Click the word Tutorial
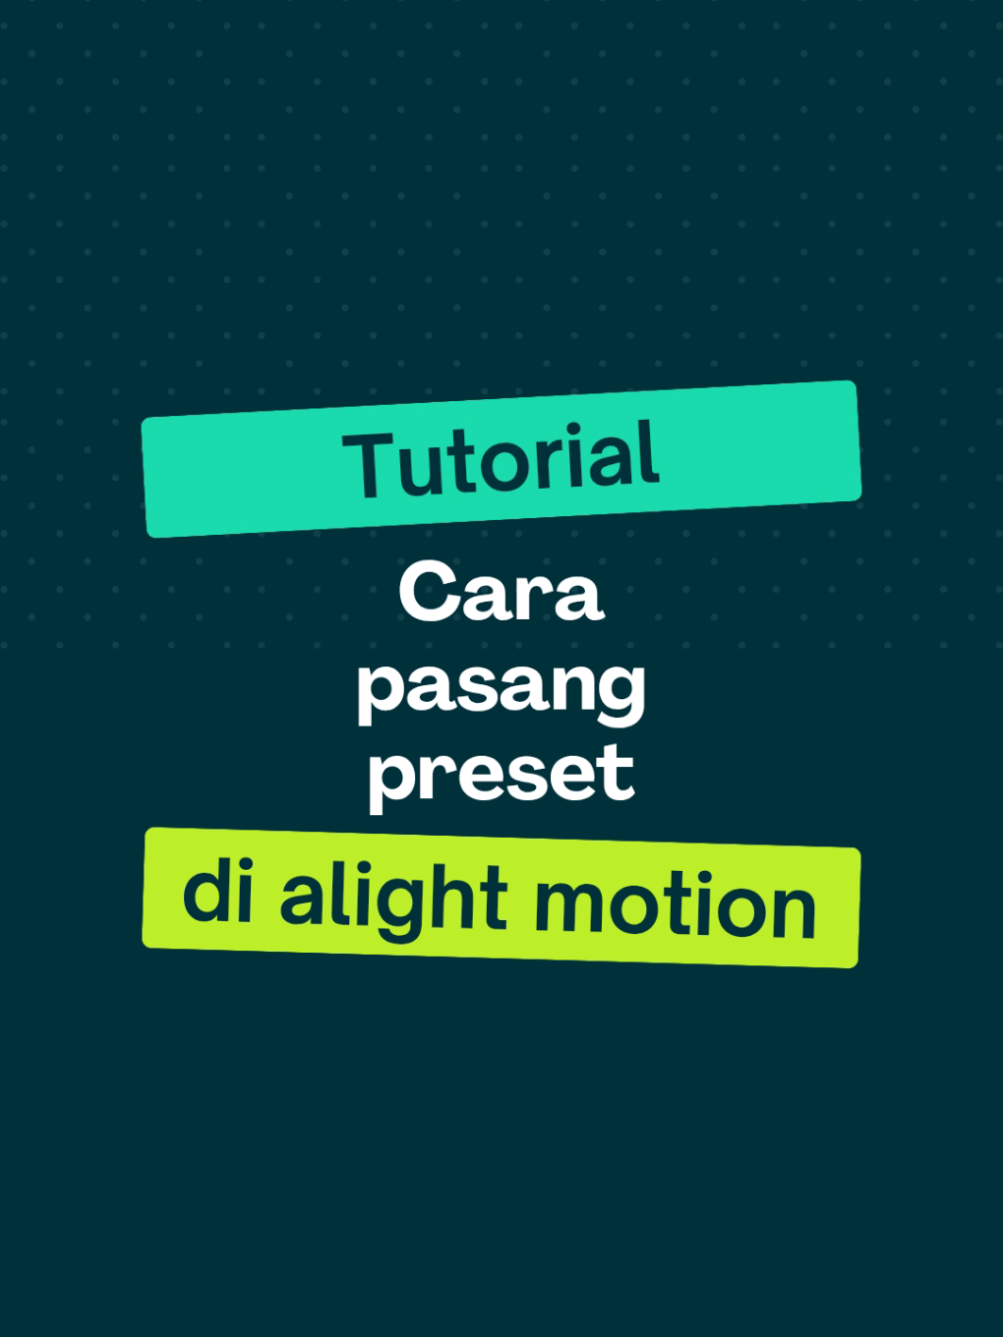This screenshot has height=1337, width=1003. (x=501, y=459)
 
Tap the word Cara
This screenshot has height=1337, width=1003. (x=501, y=593)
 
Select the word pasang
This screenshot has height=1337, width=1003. (x=501, y=688)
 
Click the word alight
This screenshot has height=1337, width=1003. (x=393, y=897)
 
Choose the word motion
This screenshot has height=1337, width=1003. (x=675, y=905)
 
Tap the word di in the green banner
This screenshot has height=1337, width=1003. (x=218, y=893)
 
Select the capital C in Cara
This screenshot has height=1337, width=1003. (x=429, y=592)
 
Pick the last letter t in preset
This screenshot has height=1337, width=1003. (x=617, y=773)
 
